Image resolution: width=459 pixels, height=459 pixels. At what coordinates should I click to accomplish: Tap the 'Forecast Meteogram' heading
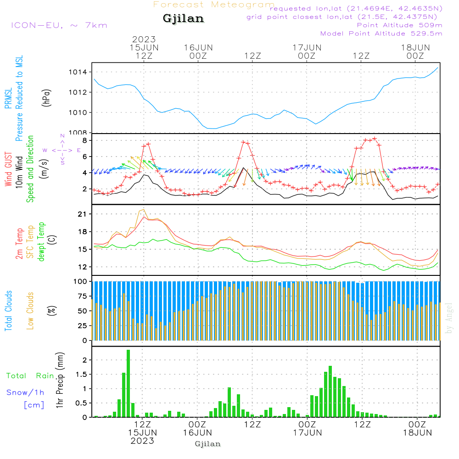[214, 5]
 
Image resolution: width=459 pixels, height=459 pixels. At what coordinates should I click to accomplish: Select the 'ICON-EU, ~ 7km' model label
[59, 25]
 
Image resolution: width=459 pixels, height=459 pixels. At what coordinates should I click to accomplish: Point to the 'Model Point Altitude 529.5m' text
[381, 34]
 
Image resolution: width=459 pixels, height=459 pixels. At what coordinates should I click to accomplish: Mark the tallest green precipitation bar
[129, 383]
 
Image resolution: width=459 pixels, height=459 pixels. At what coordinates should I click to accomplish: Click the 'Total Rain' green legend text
[30, 375]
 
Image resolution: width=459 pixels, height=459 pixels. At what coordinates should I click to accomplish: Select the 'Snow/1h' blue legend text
[26, 392]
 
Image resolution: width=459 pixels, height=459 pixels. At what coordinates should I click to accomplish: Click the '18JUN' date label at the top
[415, 47]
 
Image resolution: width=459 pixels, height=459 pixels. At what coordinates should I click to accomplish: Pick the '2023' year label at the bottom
[143, 441]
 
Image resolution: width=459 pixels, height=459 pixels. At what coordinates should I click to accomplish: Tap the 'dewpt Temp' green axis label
[41, 241]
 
